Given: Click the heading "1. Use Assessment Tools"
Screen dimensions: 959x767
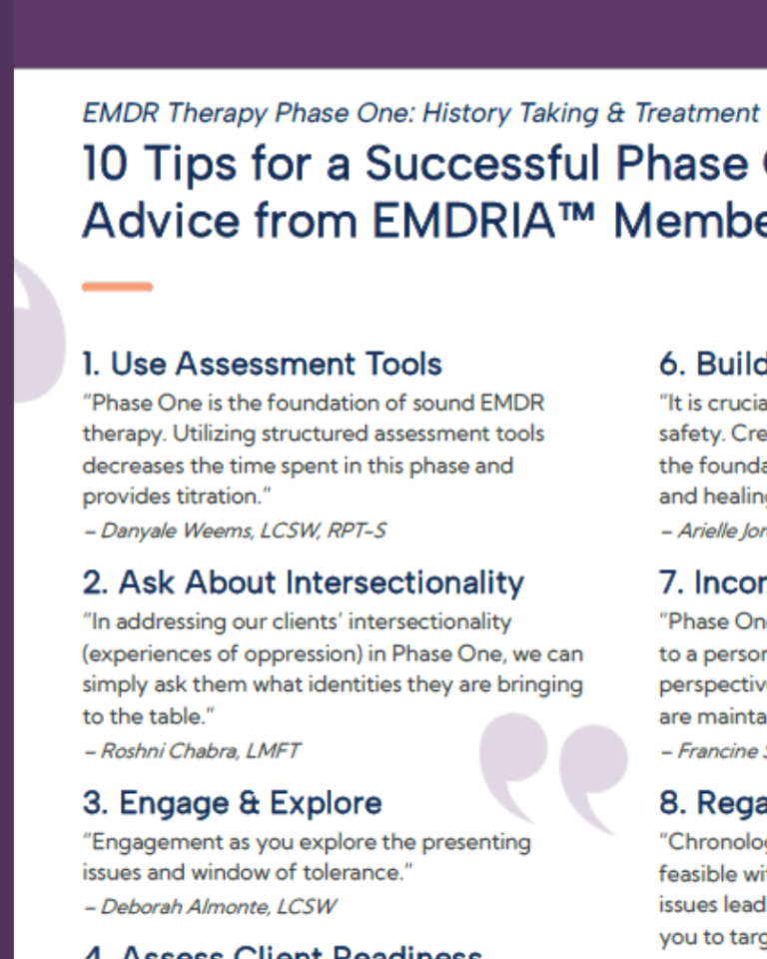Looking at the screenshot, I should tap(262, 365).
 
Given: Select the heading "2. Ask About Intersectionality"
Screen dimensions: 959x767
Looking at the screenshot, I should tap(303, 582).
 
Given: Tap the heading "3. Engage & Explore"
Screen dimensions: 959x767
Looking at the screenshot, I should tap(232, 803).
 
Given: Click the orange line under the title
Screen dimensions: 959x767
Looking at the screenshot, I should tap(117, 288).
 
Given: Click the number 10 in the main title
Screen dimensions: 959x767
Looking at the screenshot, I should tap(106, 165).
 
